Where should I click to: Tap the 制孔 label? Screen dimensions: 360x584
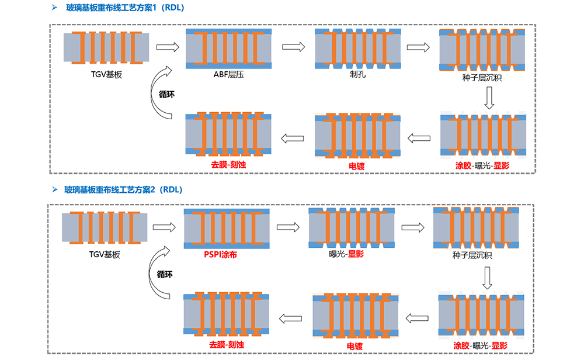tap(357, 74)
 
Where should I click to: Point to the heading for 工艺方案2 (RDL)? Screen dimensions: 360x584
tap(123, 189)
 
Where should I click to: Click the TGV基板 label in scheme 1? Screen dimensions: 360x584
tap(106, 74)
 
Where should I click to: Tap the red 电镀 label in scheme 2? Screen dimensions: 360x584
tap(354, 347)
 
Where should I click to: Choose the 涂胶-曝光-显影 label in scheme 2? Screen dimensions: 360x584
tap(481, 346)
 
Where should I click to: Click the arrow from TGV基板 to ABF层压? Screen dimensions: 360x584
tap(166, 47)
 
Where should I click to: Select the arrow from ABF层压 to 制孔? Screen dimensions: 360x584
tap(293, 47)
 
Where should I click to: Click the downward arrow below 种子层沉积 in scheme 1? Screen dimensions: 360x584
tap(489, 98)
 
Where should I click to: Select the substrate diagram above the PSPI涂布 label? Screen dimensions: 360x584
tap(227, 227)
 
